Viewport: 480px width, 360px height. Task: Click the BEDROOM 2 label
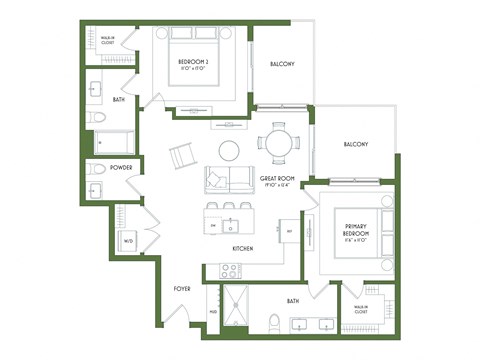[193, 64]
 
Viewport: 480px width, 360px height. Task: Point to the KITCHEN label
[242, 247]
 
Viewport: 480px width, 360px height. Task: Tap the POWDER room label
[122, 167]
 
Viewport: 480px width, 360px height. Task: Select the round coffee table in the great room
[229, 150]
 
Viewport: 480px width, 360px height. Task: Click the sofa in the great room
[229, 180]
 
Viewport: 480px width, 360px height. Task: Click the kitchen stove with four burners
[230, 269]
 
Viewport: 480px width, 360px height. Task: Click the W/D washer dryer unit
[128, 241]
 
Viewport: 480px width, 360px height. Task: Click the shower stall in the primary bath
[233, 305]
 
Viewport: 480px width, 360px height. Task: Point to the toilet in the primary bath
[273, 321]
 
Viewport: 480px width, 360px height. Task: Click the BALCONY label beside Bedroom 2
[281, 65]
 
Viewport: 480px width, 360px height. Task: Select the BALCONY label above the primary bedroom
[355, 144]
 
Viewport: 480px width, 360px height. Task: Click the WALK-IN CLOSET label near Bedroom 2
[107, 41]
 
